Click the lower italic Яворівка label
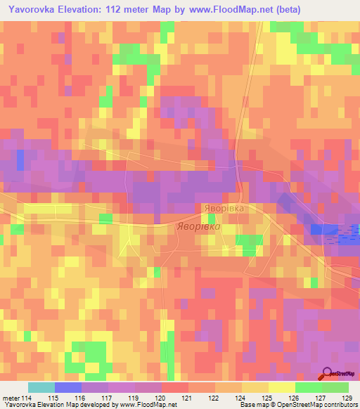coord(198,228)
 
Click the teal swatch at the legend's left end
coord(41,387)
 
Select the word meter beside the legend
coord(11,398)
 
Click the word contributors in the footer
coord(342,405)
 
